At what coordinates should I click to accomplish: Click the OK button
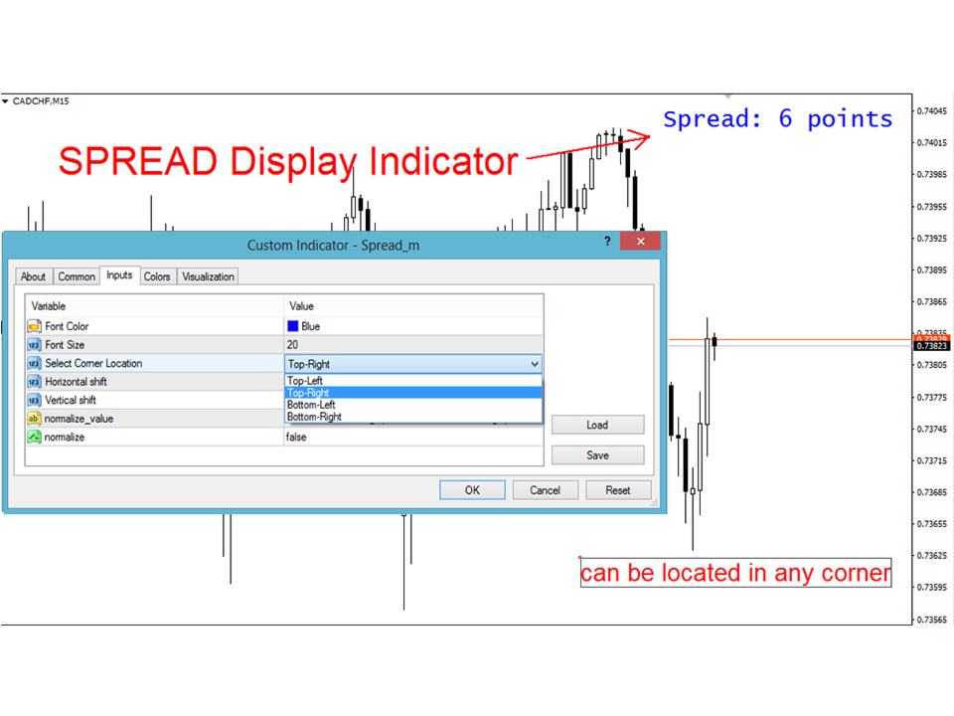pyautogui.click(x=472, y=490)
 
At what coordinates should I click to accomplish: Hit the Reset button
pyautogui.click(x=618, y=490)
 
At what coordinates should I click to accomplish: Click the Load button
pyautogui.click(x=597, y=425)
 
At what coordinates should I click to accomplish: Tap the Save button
pyautogui.click(x=597, y=455)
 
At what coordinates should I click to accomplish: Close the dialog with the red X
pyautogui.click(x=640, y=241)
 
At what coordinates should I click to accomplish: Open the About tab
pyautogui.click(x=33, y=276)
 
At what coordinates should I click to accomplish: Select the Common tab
pyautogui.click(x=77, y=276)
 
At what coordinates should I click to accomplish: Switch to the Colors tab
pyautogui.click(x=157, y=276)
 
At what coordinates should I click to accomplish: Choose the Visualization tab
pyautogui.click(x=208, y=276)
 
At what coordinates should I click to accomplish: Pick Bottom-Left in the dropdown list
pyautogui.click(x=311, y=405)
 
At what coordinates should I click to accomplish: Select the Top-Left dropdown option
pyautogui.click(x=305, y=381)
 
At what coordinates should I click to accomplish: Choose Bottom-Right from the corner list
pyautogui.click(x=314, y=417)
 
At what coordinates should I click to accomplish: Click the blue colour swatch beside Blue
pyautogui.click(x=292, y=326)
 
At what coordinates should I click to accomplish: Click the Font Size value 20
pyautogui.click(x=292, y=345)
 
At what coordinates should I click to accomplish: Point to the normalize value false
pyautogui.click(x=296, y=438)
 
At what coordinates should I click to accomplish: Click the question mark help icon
pyautogui.click(x=607, y=241)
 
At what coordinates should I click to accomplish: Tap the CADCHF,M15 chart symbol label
pyautogui.click(x=41, y=101)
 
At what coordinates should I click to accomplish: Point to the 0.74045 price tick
pyautogui.click(x=932, y=110)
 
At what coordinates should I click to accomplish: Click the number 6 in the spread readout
pyautogui.click(x=785, y=118)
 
